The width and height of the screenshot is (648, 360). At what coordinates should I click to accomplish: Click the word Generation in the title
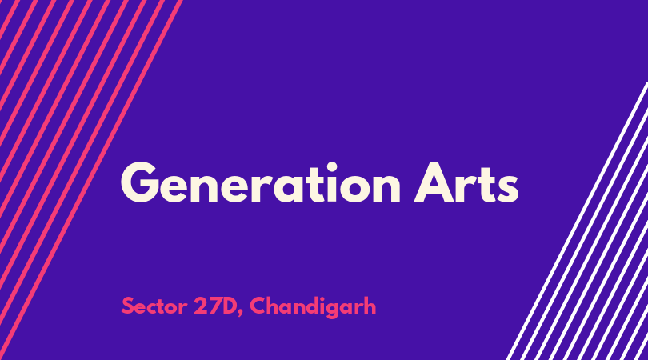click(260, 182)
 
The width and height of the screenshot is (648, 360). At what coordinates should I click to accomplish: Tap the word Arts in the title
click(466, 183)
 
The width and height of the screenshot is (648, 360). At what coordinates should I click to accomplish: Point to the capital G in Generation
click(140, 182)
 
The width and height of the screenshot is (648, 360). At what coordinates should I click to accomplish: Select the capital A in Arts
click(433, 182)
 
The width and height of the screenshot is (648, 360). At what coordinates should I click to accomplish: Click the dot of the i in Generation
click(332, 166)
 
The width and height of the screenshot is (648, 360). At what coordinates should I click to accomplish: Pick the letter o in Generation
click(354, 188)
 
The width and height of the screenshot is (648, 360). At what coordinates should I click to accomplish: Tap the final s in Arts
click(508, 188)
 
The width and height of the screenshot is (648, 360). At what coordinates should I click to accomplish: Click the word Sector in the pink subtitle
click(154, 306)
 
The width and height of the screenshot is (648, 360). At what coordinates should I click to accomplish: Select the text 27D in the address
click(218, 306)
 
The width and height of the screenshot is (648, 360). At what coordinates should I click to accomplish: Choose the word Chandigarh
click(313, 307)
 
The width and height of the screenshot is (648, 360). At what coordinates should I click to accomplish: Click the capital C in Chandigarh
click(258, 306)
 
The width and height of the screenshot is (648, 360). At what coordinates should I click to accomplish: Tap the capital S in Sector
click(128, 306)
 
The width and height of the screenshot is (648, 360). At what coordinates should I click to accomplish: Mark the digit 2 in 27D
click(200, 306)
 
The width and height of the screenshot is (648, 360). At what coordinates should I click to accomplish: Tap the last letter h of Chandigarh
click(369, 306)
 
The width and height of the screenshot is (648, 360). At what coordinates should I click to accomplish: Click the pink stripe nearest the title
click(91, 180)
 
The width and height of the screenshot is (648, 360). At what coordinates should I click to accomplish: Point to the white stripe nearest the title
click(577, 221)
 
